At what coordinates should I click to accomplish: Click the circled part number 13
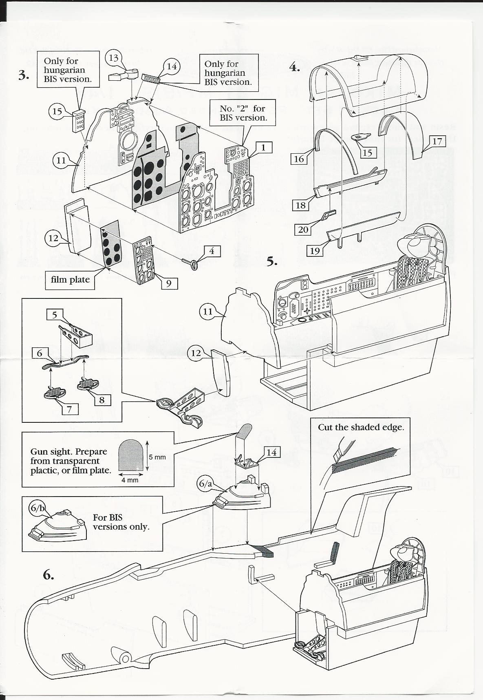(x=113, y=58)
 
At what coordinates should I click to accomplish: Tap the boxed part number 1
(x=263, y=147)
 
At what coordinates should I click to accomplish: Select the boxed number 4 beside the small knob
(x=212, y=251)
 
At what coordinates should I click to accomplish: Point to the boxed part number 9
(x=169, y=283)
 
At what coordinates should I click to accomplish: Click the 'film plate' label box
(x=70, y=280)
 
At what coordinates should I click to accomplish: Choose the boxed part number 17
(x=437, y=141)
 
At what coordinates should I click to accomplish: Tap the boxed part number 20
(x=303, y=230)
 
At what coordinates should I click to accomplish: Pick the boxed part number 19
(x=315, y=251)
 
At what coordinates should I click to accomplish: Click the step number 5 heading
(x=272, y=261)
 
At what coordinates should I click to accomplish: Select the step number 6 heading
(x=48, y=575)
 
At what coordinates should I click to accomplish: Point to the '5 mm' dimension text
(x=157, y=457)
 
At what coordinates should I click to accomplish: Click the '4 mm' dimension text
(x=130, y=480)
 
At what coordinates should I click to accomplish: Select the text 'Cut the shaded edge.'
(x=361, y=427)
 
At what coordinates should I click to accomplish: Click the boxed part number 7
(x=70, y=409)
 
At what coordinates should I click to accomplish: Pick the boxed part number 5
(x=55, y=314)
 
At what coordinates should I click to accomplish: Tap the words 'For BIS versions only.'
(x=121, y=522)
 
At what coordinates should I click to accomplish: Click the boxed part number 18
(x=300, y=205)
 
